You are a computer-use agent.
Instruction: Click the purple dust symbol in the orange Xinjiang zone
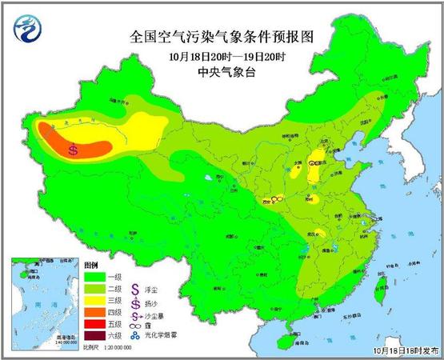click(74, 149)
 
